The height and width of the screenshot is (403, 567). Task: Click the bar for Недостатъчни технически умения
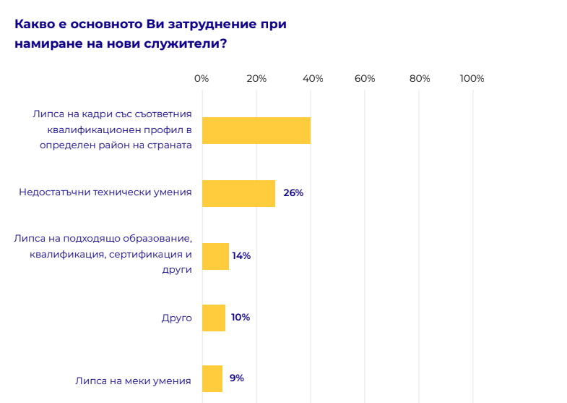(x=238, y=193)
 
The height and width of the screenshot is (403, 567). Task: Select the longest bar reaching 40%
(x=256, y=130)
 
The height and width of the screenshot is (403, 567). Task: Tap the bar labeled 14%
(x=215, y=256)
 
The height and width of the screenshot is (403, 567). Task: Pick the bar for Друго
(x=213, y=318)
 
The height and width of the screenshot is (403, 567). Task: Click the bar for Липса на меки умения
(x=212, y=378)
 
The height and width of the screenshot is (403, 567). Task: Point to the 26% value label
(x=293, y=193)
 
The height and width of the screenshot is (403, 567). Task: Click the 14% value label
(x=241, y=256)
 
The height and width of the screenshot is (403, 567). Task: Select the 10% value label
(x=241, y=318)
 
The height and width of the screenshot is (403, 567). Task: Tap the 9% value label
(x=237, y=378)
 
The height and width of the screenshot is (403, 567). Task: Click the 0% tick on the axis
(x=202, y=79)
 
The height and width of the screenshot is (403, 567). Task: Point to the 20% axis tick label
(x=256, y=79)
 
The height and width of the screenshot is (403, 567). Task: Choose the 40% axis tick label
(x=311, y=79)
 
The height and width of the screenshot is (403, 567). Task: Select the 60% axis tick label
(x=365, y=79)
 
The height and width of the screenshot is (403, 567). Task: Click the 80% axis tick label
(x=420, y=79)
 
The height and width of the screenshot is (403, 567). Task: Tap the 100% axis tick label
(x=472, y=79)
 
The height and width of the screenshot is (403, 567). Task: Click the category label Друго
(x=176, y=318)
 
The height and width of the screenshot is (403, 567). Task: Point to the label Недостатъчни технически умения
(x=105, y=192)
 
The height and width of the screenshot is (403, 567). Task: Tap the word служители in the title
(x=183, y=43)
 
